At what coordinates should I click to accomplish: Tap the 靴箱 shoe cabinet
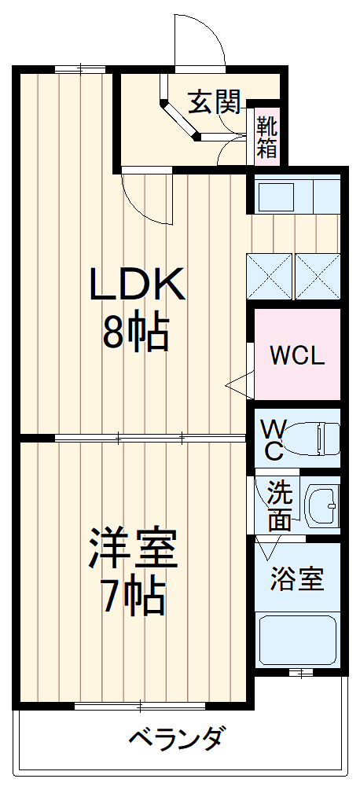pos(266,137)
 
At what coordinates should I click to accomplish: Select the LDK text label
pos(137,285)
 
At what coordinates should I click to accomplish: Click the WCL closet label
pos(297,355)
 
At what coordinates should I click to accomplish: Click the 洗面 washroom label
pos(279,505)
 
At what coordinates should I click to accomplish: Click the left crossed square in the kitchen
pos(270,276)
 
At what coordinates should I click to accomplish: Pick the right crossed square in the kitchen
pos(318,276)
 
